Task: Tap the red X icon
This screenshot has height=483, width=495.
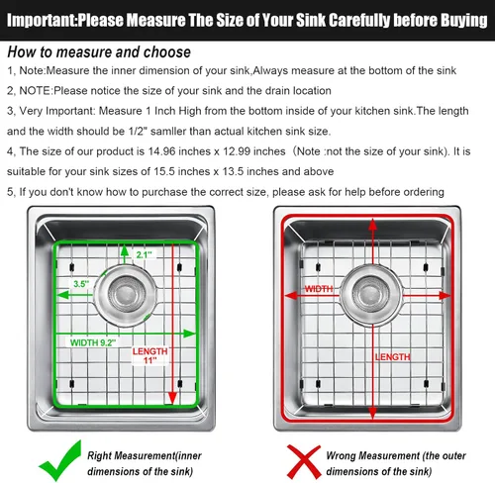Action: pyautogui.click(x=304, y=461)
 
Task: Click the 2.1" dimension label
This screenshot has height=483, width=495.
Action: pyautogui.click(x=145, y=254)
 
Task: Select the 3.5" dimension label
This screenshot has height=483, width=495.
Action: pyautogui.click(x=81, y=284)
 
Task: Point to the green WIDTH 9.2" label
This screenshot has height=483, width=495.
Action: pyautogui.click(x=93, y=342)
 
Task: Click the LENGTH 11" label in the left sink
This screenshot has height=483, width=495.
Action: pyautogui.click(x=150, y=355)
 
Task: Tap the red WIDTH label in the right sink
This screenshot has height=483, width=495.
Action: pyautogui.click(x=319, y=289)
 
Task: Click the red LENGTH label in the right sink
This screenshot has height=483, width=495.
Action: pyautogui.click(x=392, y=356)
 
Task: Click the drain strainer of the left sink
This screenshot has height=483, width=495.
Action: pyautogui.click(x=126, y=294)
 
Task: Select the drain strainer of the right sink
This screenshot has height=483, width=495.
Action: pyautogui.click(x=371, y=294)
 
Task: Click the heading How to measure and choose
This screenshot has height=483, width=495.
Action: pyautogui.click(x=99, y=52)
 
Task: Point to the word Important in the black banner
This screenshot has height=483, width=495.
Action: pyautogui.click(x=41, y=21)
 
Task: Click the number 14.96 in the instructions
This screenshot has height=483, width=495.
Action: pyautogui.click(x=161, y=151)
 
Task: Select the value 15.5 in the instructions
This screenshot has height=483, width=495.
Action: pyautogui.click(x=164, y=171)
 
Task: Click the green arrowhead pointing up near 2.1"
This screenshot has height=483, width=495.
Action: pyautogui.click(x=125, y=250)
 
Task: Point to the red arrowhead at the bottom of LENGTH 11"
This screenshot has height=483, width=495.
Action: pyautogui.click(x=172, y=398)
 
